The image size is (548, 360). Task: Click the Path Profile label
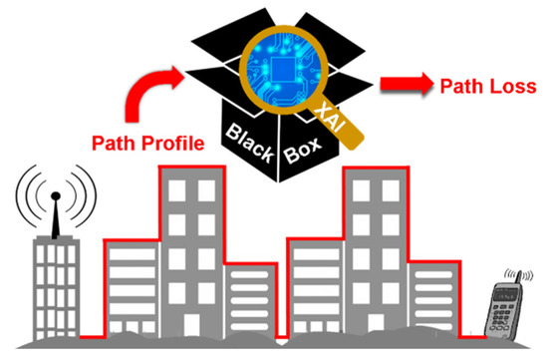(x=148, y=144)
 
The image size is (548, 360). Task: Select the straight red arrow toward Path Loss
(x=406, y=87)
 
